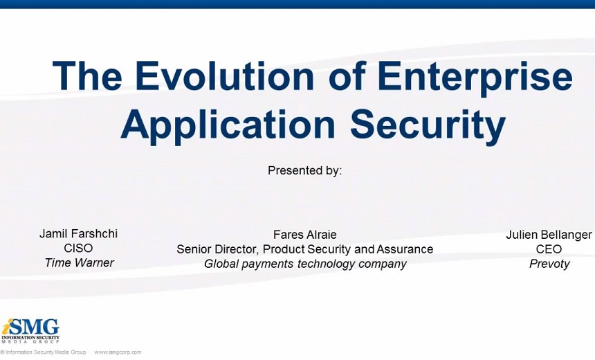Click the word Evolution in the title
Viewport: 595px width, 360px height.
225,75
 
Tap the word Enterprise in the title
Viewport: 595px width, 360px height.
475,78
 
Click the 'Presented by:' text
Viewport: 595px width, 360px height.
304,170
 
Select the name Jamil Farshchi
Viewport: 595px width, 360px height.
79,233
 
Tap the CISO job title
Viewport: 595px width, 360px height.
78,248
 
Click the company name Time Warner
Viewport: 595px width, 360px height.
79,263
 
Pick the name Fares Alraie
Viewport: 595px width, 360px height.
304,235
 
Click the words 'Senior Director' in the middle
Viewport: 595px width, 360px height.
218,249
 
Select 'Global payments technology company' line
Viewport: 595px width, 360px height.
305,264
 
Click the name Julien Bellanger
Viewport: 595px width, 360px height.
549,235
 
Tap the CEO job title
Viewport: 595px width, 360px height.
549,249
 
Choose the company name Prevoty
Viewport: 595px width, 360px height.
549,264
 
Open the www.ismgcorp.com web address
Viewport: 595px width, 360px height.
118,352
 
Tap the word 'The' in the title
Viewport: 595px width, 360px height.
87,75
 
